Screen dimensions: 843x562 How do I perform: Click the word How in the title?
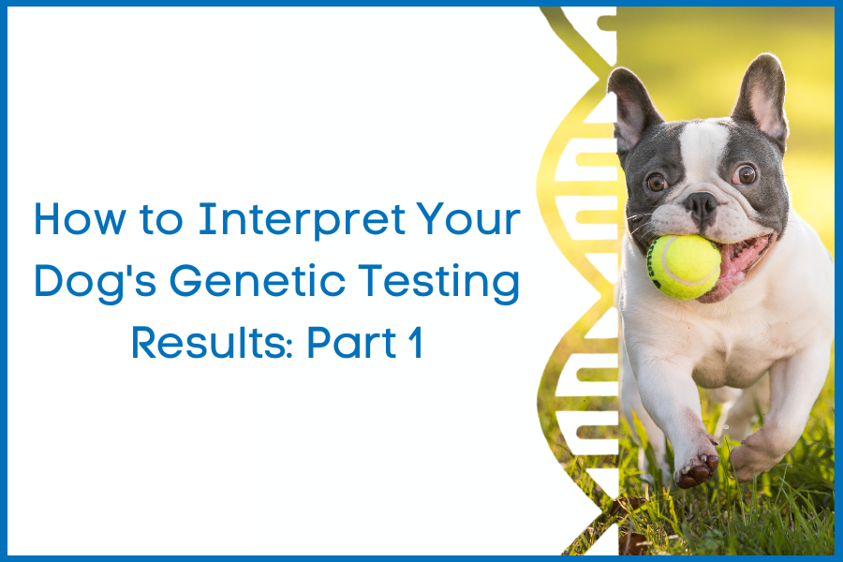point(81,219)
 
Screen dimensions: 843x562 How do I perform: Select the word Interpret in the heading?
point(302,219)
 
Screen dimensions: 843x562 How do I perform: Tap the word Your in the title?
point(468,219)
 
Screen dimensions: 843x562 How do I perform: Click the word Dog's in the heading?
point(96,281)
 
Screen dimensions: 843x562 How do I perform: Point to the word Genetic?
point(258,281)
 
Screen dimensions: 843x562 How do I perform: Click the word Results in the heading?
point(210,343)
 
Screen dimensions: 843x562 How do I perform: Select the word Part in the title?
point(351,343)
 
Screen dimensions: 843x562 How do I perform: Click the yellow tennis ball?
point(684,266)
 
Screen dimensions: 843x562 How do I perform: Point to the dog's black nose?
point(701,205)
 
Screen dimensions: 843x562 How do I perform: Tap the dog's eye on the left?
point(657,183)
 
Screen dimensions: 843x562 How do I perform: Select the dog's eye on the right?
point(746,173)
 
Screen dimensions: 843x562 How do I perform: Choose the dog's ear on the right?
point(762,96)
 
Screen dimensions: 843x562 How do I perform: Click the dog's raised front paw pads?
point(697,470)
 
